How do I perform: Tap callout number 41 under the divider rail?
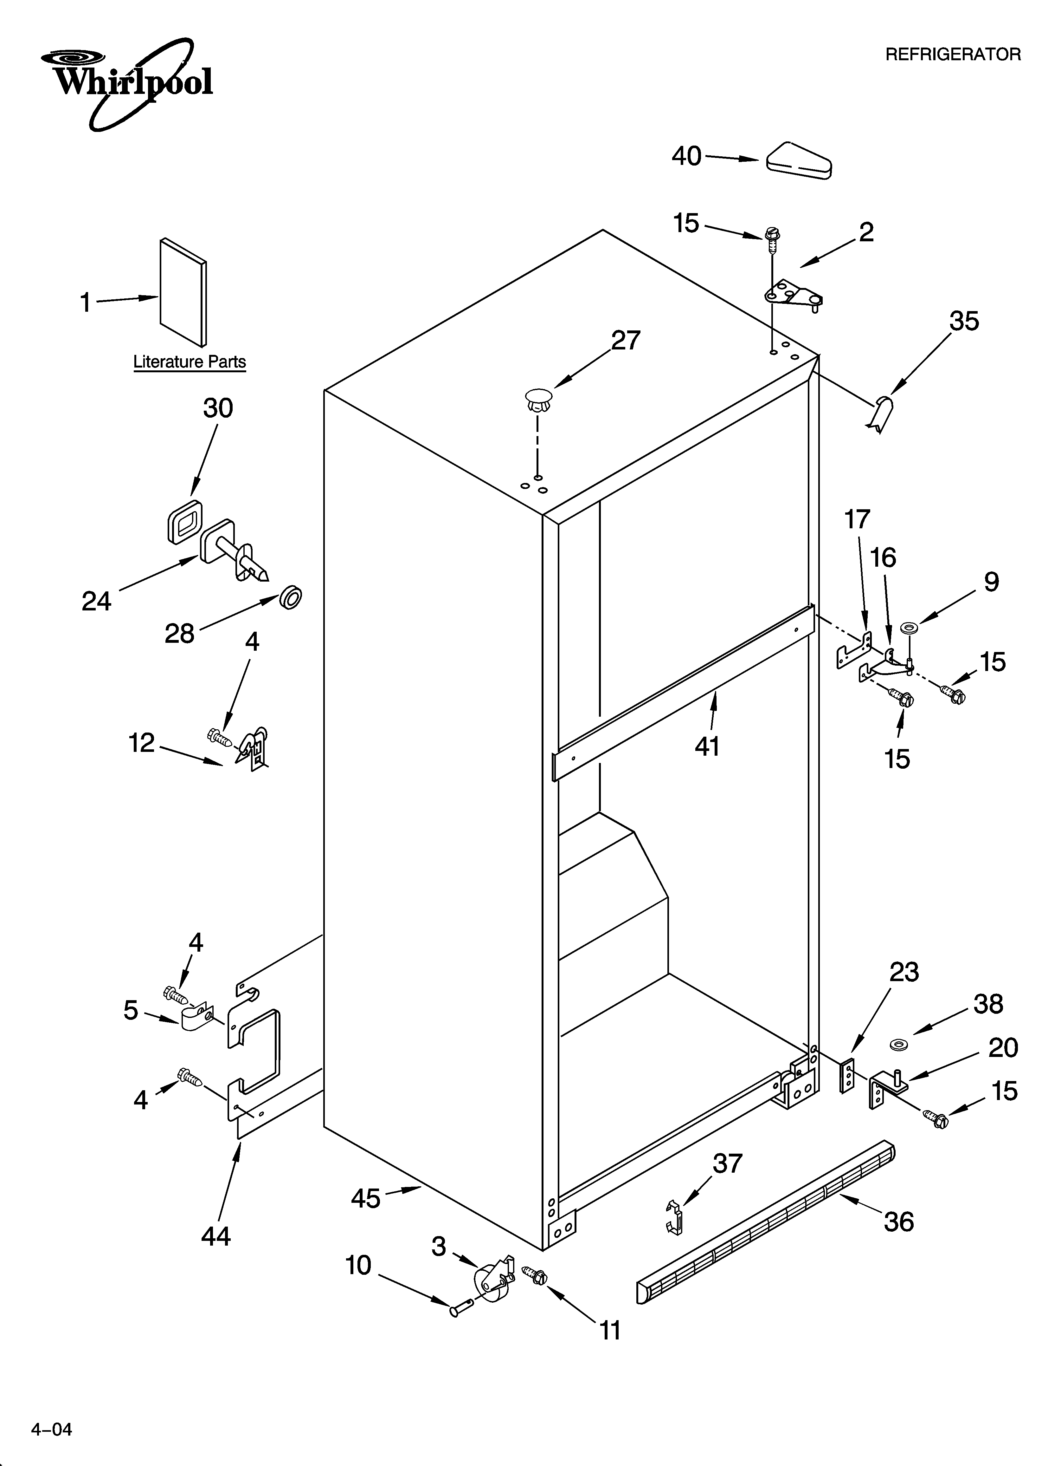[x=707, y=746]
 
